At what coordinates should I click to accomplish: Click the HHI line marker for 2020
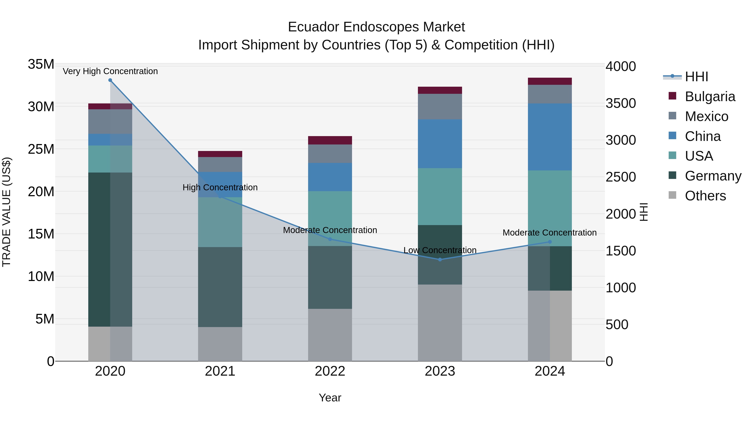(x=110, y=80)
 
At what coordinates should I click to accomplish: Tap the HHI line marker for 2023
(x=440, y=260)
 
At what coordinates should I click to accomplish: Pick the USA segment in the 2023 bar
(x=440, y=196)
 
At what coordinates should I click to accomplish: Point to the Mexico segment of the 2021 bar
(x=220, y=164)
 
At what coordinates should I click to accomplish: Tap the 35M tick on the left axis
(x=41, y=64)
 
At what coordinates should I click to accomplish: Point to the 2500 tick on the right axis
(x=620, y=177)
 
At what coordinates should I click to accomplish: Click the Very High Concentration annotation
(x=110, y=71)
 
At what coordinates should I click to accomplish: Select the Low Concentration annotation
(x=440, y=250)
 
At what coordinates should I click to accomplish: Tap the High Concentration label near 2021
(x=220, y=187)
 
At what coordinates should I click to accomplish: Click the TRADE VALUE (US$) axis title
(x=6, y=212)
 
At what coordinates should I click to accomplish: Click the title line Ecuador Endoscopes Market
(x=376, y=27)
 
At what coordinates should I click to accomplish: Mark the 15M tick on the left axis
(x=41, y=234)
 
